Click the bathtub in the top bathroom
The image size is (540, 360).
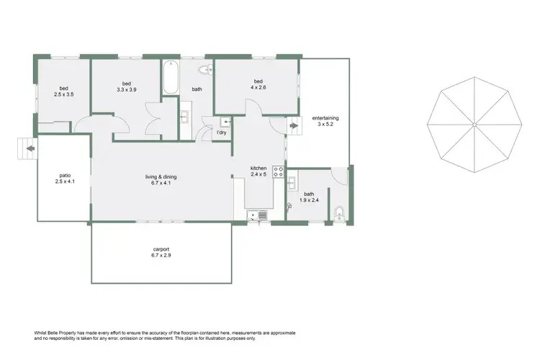(x=171, y=78)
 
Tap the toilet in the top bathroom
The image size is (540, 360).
(x=204, y=70)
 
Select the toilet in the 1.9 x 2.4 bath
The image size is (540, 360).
(x=338, y=212)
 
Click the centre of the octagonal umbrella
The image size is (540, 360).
(x=474, y=125)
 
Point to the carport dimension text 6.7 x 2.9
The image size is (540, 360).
(x=161, y=256)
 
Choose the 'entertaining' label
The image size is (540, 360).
(x=325, y=118)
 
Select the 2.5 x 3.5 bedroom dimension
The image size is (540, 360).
(x=64, y=94)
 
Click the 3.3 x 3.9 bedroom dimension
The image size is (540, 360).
(x=126, y=90)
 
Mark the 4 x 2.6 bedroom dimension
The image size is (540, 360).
(x=256, y=87)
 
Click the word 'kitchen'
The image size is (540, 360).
(x=258, y=168)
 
